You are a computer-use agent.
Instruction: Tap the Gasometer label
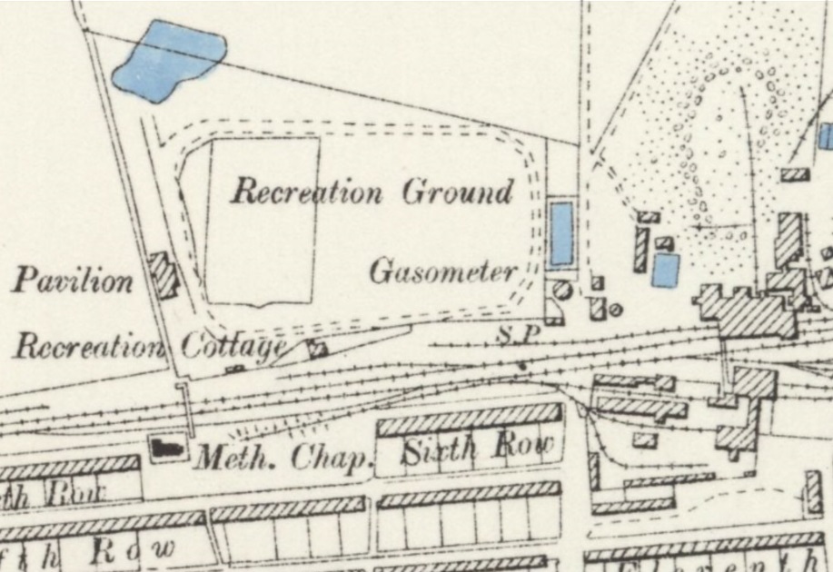pos(443,271)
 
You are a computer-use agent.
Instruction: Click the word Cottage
pos(233,346)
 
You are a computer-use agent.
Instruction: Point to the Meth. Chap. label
pos(285,457)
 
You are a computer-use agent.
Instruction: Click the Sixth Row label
pos(476,448)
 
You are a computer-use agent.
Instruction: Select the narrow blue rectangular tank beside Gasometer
pos(561,233)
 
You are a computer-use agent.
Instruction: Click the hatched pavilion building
pos(164,275)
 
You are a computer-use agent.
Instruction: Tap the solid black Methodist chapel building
pos(166,446)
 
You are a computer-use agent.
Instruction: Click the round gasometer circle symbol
pos(560,290)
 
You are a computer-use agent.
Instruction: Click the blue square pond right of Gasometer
pos(666,270)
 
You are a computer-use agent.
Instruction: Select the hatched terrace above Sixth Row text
pos(469,422)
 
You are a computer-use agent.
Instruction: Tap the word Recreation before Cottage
pos(88,346)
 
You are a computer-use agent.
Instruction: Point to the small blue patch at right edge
pos(827,136)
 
